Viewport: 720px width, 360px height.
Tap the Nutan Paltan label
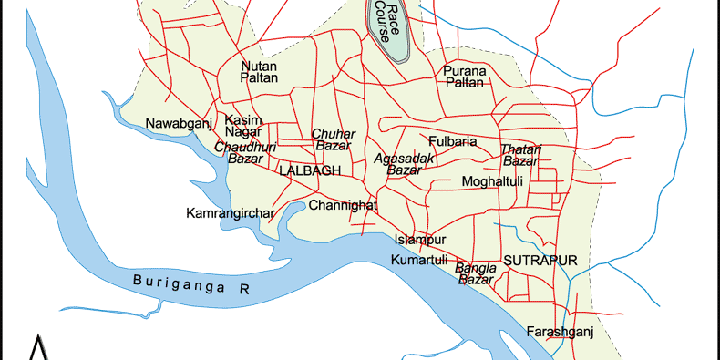pos(259,72)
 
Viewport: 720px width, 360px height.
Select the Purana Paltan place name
pos(466,77)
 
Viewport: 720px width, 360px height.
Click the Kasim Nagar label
pos(243,127)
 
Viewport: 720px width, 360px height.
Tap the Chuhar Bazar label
pos(333,140)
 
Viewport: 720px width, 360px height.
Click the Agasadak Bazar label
pos(405,164)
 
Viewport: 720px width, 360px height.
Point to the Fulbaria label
pos(453,142)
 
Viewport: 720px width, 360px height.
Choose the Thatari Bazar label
pos(521,155)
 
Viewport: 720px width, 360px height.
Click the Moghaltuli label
pos(492,182)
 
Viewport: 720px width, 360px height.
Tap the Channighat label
pos(343,205)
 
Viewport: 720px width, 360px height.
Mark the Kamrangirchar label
pos(230,214)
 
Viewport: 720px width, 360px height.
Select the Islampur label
pos(419,240)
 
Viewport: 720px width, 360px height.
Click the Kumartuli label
pos(419,261)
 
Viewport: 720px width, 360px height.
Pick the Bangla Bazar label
pos(476,273)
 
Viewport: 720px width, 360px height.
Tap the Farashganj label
pos(560,331)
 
